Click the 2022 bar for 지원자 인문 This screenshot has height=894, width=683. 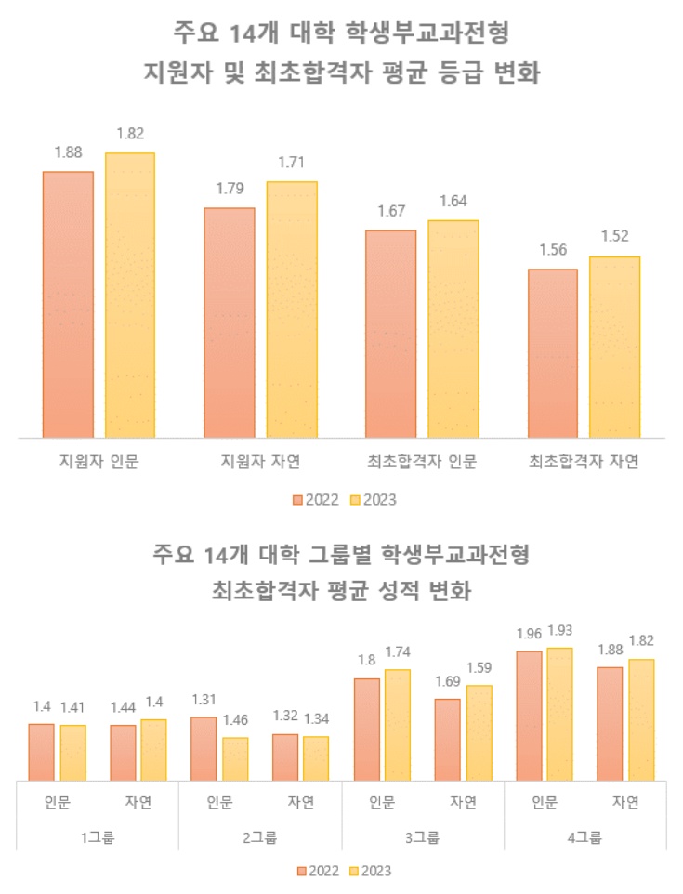tap(68, 304)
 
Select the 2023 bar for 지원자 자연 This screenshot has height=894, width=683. tap(292, 309)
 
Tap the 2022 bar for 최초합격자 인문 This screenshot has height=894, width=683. tap(390, 333)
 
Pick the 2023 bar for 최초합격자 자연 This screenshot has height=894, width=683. tap(614, 346)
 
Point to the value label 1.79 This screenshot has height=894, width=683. tap(229, 190)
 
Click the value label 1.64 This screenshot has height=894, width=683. tap(453, 202)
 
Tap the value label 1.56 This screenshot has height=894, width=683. tap(552, 251)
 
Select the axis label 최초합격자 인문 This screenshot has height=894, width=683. tap(422, 462)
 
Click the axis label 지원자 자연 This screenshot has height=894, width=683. tap(260, 462)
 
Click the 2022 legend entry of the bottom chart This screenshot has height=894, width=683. tap(318, 871)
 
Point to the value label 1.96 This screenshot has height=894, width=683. tap(529, 636)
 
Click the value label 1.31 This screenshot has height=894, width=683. tap(204, 699)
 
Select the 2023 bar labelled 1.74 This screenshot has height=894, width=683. tap(398, 725)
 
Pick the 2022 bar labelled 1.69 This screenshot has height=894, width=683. tap(447, 740)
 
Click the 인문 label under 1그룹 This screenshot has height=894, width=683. tap(57, 803)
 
